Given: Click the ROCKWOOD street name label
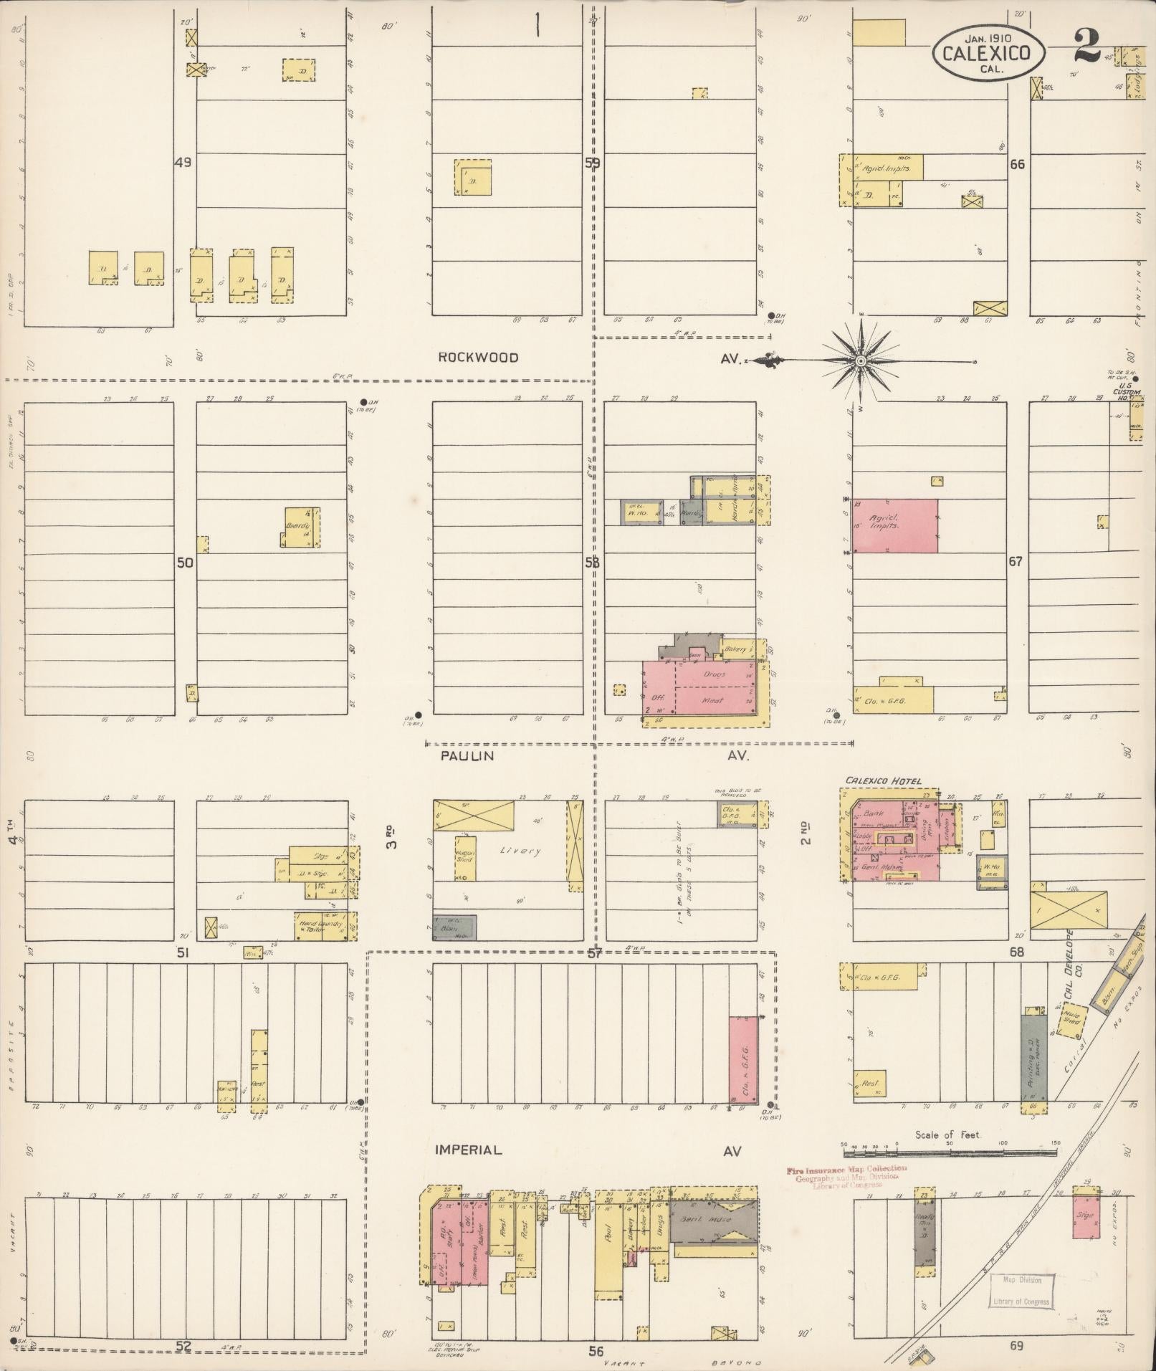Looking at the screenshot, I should coord(478,358).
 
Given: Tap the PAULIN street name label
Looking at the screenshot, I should coord(467,756).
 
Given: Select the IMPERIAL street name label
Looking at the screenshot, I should coord(469,1150).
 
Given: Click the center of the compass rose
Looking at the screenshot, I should coord(859,360).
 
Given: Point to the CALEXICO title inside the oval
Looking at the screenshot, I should coord(987,53).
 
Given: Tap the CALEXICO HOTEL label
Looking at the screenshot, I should coord(883,780).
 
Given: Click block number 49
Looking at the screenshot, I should coord(183,163).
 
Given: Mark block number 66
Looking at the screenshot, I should coord(1016,164).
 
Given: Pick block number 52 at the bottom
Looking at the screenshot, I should coord(184,1346).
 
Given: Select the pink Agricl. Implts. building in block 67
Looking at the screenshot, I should coord(894,525).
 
